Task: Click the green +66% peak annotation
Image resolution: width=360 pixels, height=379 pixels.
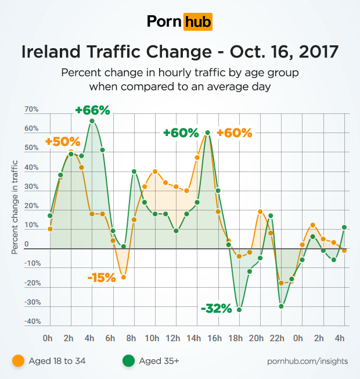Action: click(x=92, y=110)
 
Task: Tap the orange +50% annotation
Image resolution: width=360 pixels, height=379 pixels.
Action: click(x=62, y=142)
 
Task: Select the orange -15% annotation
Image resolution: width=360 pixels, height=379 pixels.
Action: click(x=102, y=278)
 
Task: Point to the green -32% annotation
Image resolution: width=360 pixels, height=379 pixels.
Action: click(x=216, y=308)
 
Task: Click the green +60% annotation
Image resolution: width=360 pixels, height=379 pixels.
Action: click(x=181, y=133)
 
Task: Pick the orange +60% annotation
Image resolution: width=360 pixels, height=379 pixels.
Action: click(x=235, y=133)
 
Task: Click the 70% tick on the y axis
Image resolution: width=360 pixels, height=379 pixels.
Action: click(x=31, y=110)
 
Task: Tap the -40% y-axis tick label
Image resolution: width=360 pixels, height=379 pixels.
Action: click(x=33, y=321)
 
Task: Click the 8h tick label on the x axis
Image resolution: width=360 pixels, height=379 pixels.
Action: click(x=131, y=338)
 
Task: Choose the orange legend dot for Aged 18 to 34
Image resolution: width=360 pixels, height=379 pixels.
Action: click(x=18, y=361)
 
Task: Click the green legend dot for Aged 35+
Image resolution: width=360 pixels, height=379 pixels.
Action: click(x=127, y=361)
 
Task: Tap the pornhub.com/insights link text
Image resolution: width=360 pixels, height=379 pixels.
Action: click(x=308, y=361)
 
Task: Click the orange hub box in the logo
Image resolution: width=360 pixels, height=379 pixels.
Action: click(x=197, y=22)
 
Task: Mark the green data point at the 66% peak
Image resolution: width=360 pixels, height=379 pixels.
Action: click(x=92, y=121)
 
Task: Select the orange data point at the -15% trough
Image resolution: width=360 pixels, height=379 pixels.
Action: click(x=123, y=277)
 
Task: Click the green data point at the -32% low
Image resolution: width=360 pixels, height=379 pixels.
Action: click(x=239, y=310)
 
